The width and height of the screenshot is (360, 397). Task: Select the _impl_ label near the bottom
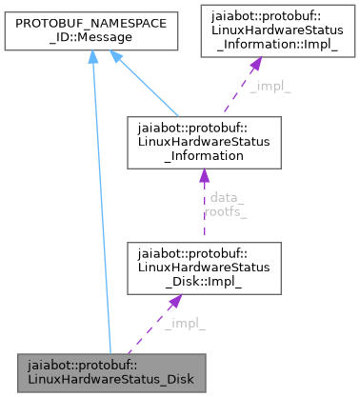click(x=184, y=324)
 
